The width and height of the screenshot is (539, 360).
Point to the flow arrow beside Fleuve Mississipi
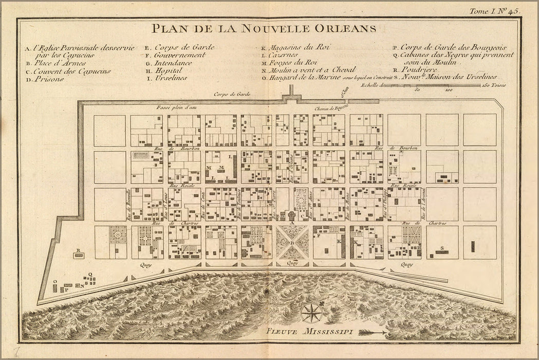click(x=373, y=333)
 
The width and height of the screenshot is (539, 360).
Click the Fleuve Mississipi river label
click(x=309, y=332)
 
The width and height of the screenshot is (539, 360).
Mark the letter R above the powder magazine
click(x=78, y=250)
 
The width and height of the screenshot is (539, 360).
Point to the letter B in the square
click(x=292, y=243)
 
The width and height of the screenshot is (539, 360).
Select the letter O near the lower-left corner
click(x=54, y=282)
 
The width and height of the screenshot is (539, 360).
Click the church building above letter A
click(x=292, y=215)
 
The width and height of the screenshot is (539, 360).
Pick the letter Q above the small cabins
click(x=90, y=275)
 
